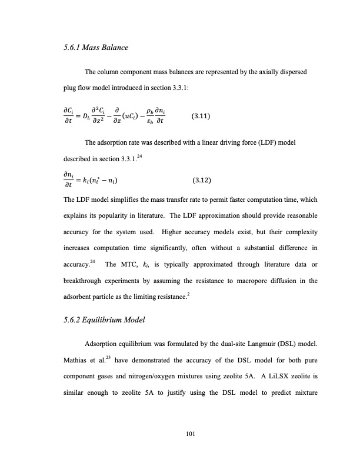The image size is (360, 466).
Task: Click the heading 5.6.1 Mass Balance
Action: tap(95, 46)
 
